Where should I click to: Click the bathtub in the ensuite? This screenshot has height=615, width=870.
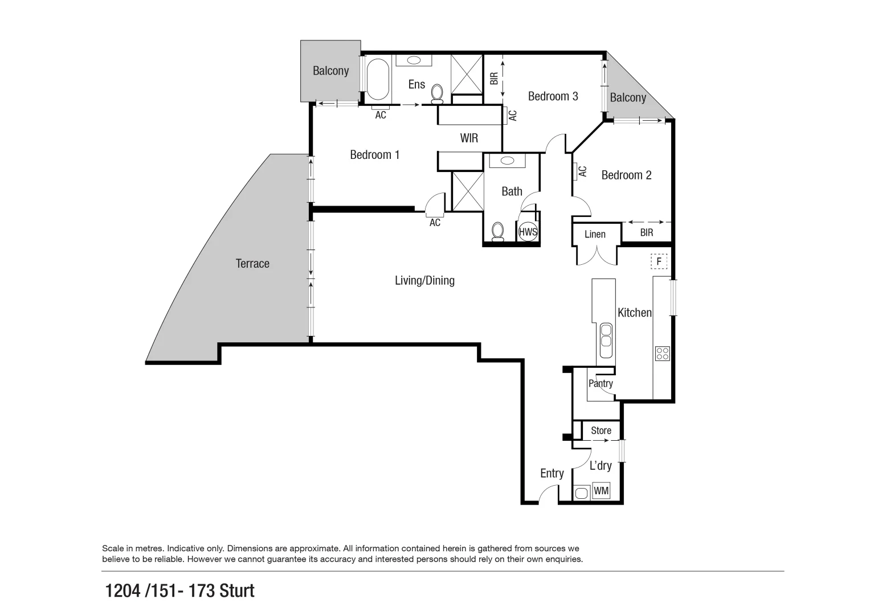pos(377,80)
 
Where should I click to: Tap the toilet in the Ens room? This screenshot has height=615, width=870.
pos(438,93)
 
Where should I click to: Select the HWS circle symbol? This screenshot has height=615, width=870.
pos(528,232)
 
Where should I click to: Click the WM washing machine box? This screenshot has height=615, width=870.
pos(601,490)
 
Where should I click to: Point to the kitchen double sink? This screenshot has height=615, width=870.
pos(606,335)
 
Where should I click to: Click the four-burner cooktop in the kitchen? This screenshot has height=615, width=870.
pos(662,353)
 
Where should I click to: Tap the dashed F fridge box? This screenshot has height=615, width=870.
pos(659,262)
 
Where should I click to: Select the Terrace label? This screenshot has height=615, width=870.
pos(252,264)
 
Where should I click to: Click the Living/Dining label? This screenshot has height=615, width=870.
pos(424,280)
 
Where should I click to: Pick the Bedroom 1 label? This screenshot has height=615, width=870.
pos(374,155)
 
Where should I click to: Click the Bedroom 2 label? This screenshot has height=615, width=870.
pos(626,175)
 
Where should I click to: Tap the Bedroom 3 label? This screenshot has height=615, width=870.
pos(553,96)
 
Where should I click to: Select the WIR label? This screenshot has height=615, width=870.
pos(469,138)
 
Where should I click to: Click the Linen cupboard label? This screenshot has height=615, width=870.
pos(595,234)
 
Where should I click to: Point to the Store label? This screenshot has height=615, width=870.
pos(601,430)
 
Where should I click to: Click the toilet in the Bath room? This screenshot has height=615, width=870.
pos(497,231)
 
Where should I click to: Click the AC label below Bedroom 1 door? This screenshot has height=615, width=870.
pos(435,223)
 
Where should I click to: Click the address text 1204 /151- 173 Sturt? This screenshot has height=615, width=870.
pos(179,591)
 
